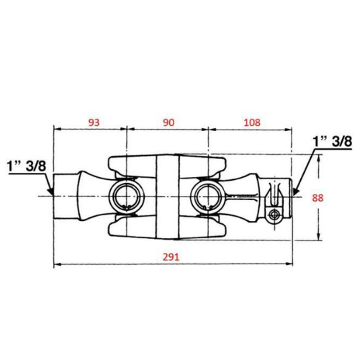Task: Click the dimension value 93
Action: pos(94,122)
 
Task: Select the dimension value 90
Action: pos(168,122)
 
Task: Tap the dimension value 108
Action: pos(252,122)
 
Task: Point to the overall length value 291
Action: pos(171,257)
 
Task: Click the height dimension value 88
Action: pos(318,198)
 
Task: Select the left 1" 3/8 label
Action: pos(27,166)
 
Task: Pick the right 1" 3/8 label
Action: pos(333,141)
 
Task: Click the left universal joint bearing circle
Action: pos(126,197)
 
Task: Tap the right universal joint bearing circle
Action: pos(208,197)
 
